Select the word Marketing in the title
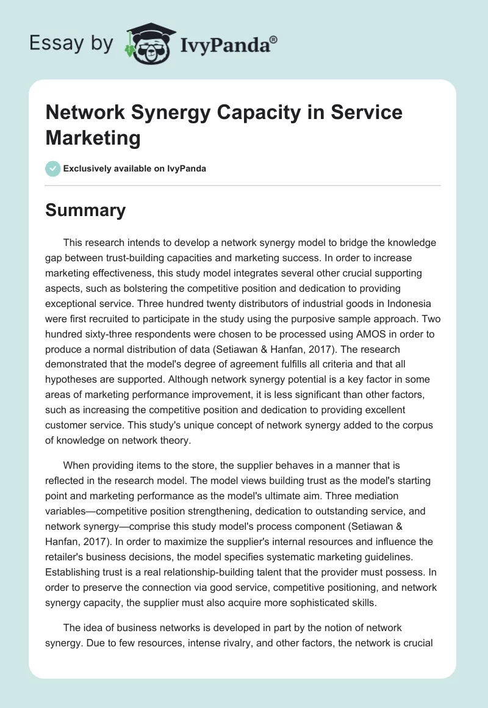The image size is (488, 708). coord(93,137)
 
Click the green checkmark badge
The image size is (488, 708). coord(53,168)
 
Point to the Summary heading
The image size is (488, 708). coord(85,210)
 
